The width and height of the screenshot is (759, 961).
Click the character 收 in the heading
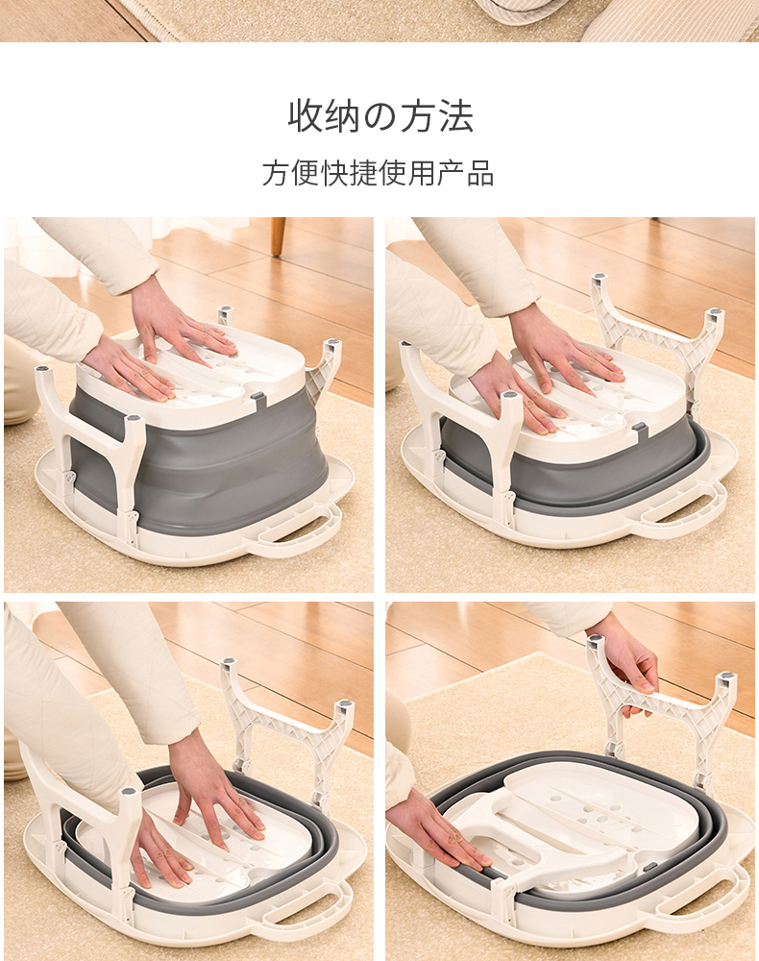[306, 116]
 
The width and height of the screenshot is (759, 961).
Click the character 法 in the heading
[455, 116]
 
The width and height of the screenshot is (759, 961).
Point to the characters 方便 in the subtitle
[291, 173]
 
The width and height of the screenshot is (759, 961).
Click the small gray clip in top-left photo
[257, 400]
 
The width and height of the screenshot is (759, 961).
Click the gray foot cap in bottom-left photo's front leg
[129, 792]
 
